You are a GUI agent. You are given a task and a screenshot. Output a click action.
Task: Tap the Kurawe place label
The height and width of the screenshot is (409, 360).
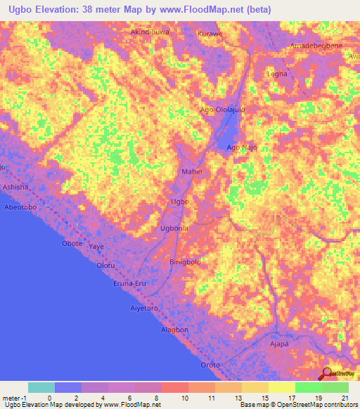210,33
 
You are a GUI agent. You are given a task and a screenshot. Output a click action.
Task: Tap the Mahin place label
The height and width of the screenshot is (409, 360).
192,171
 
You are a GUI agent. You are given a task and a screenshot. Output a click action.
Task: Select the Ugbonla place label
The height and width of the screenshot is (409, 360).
174,228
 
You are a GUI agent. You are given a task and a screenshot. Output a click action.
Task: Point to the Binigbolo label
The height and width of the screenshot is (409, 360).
186,261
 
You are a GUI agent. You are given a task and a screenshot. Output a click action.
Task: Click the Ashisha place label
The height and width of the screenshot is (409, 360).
15,188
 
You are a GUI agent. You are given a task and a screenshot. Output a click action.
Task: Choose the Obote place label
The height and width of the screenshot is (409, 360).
72,243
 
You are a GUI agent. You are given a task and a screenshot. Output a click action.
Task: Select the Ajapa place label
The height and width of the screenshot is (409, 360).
280,346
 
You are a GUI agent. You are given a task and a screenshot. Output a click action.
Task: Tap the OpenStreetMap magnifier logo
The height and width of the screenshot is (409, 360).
328,373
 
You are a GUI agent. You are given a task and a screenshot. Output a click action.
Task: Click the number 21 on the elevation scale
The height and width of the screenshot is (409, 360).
345,398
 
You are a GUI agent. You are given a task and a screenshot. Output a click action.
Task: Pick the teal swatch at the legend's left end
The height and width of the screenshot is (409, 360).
41,387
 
